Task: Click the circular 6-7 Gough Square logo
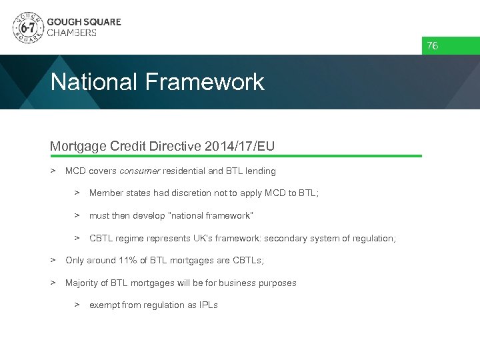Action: click(28, 27)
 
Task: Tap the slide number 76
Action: click(433, 46)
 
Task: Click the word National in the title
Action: click(91, 82)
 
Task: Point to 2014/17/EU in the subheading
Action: click(241, 146)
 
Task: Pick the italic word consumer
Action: click(139, 171)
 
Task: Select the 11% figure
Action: click(127, 261)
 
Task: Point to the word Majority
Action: click(83, 283)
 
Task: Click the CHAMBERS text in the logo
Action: click(71, 33)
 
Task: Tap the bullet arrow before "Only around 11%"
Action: click(53, 261)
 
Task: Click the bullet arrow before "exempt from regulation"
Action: click(77, 305)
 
